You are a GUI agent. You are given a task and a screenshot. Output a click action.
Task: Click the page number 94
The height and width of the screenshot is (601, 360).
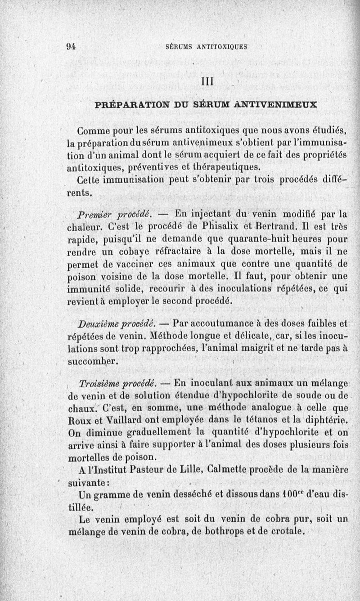(71, 46)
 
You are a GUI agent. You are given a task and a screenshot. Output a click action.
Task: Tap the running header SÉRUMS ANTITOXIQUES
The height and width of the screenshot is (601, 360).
(207, 46)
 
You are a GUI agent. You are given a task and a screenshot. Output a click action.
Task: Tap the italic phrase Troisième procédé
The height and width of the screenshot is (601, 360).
(117, 383)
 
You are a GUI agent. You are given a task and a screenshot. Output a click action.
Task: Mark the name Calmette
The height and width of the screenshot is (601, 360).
(229, 470)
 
